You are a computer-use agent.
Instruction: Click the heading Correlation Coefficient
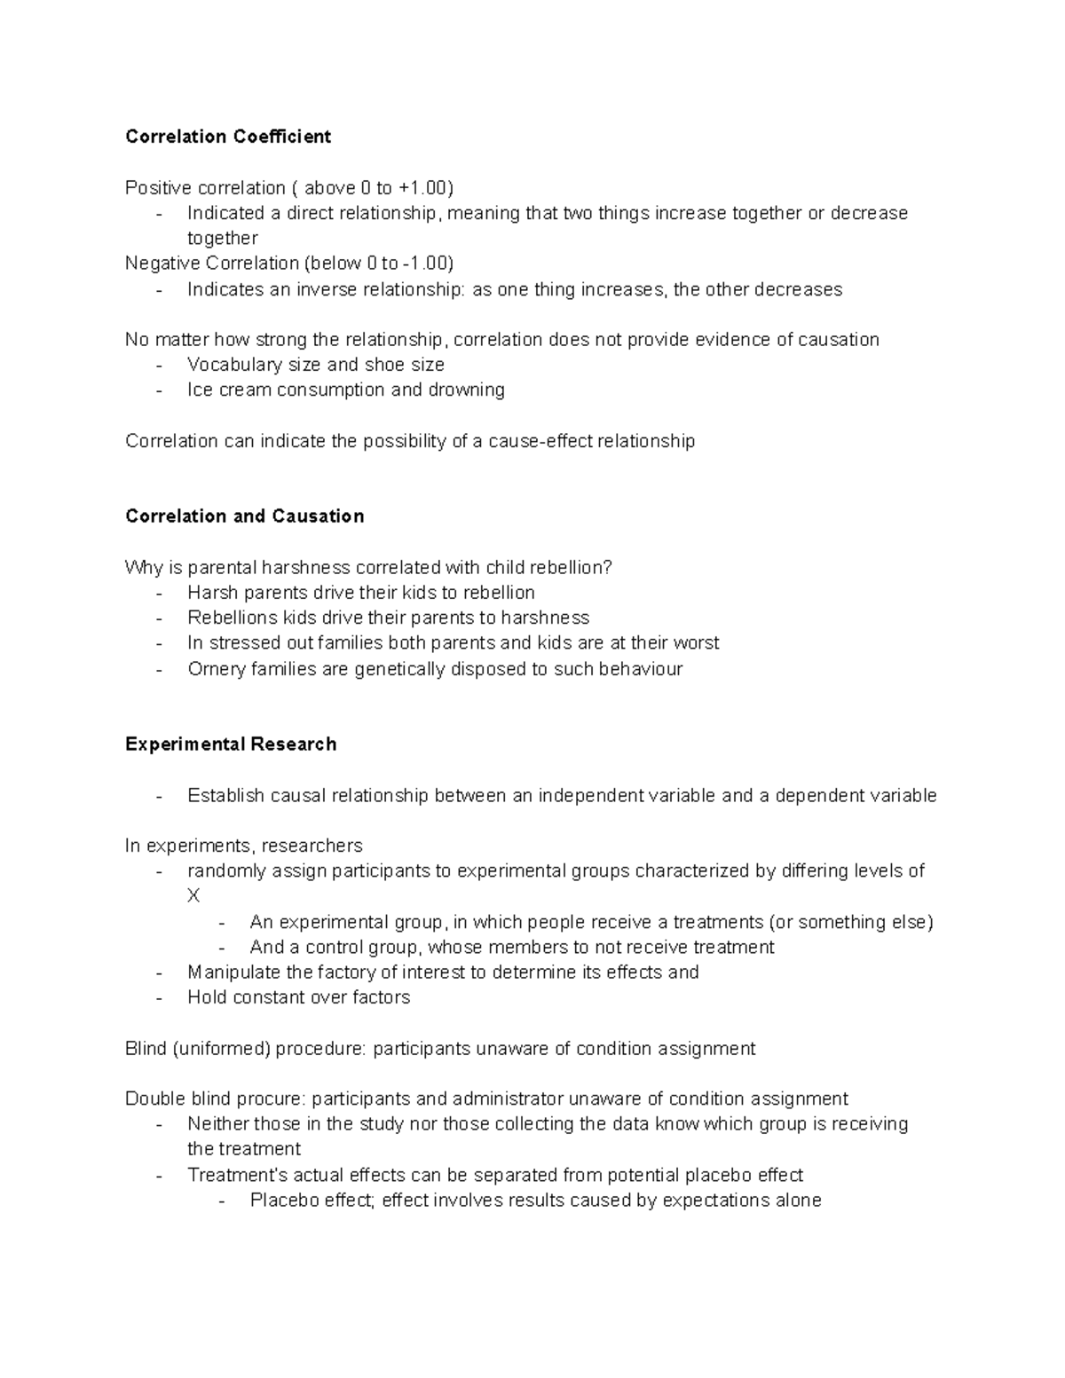coord(228,137)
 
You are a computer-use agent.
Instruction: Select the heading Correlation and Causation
coord(244,516)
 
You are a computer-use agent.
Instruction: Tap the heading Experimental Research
coord(231,744)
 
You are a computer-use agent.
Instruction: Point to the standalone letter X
coord(193,896)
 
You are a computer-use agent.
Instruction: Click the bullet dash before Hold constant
coord(159,998)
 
